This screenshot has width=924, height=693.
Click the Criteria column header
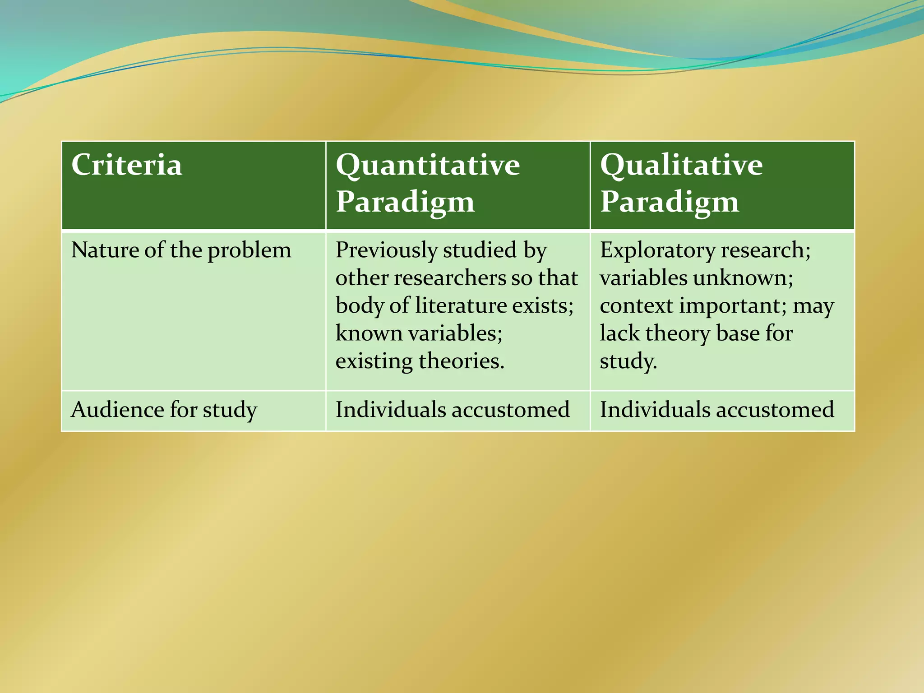click(127, 165)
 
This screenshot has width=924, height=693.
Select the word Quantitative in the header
click(428, 165)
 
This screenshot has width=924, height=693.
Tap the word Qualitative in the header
click(681, 165)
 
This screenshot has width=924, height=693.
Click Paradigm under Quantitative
click(405, 202)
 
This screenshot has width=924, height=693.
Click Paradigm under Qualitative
click(670, 202)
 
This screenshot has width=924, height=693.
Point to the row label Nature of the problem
click(181, 250)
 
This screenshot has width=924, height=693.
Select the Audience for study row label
click(164, 410)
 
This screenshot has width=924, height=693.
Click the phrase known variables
click(419, 334)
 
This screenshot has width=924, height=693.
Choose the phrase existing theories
click(420, 361)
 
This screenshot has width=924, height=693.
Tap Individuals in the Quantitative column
click(390, 410)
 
